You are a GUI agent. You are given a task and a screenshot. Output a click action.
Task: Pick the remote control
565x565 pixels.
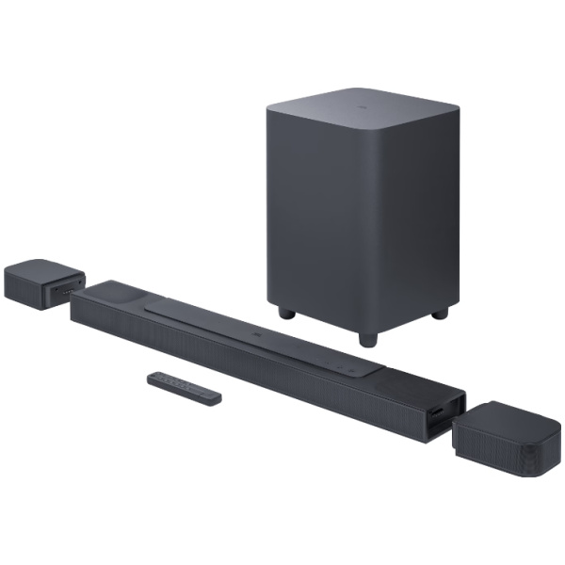click(184, 387)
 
